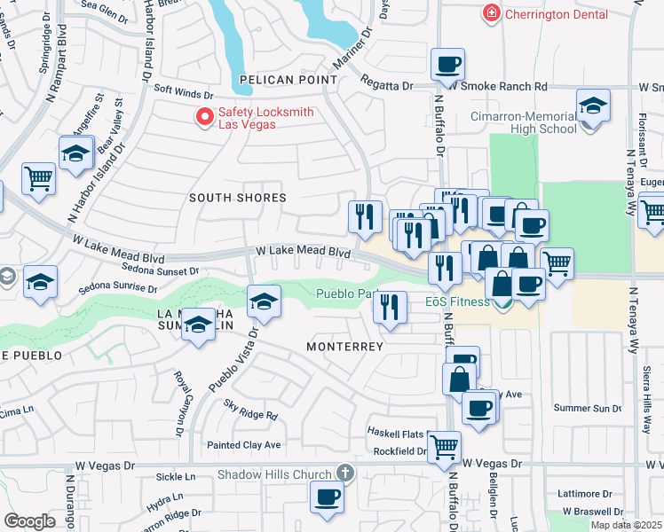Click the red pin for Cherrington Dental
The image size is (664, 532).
489,13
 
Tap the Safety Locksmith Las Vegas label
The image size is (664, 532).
249,117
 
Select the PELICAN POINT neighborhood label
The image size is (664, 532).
274,80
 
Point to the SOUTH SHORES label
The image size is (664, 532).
238,198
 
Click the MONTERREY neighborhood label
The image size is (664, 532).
345,346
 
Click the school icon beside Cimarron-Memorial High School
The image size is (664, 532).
593,106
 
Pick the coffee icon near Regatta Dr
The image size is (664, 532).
447,64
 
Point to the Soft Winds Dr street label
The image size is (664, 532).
184,90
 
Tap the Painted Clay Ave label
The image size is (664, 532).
243,444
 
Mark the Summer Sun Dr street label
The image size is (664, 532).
587,408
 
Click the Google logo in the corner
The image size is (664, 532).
29,521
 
